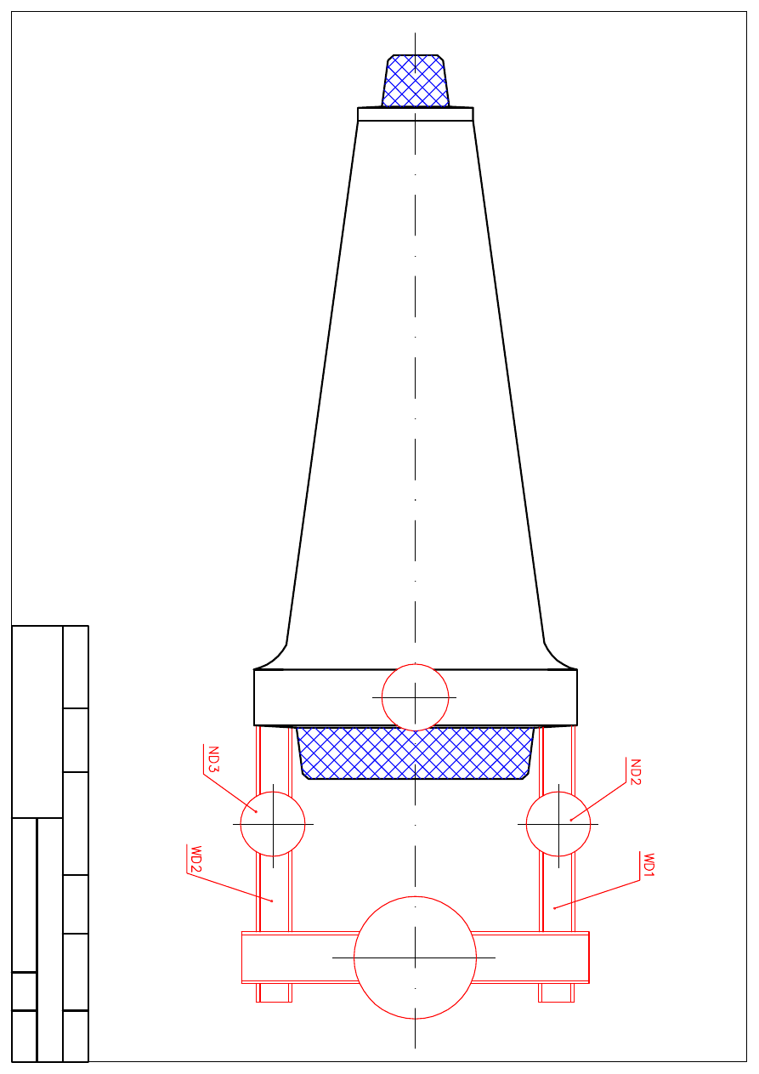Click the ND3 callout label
(212, 759)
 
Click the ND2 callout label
(634, 771)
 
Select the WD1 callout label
(649, 865)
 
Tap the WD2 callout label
(195, 859)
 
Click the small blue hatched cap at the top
(415, 82)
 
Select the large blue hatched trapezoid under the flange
(415, 753)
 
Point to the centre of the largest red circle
(415, 958)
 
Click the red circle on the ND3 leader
(273, 824)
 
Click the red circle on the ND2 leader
(558, 824)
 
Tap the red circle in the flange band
(415, 697)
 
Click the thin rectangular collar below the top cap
(415, 114)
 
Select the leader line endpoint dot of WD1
(554, 908)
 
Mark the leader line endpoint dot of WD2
(272, 901)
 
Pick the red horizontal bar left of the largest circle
(297, 958)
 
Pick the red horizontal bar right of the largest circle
(531, 958)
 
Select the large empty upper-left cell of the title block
(37, 721)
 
